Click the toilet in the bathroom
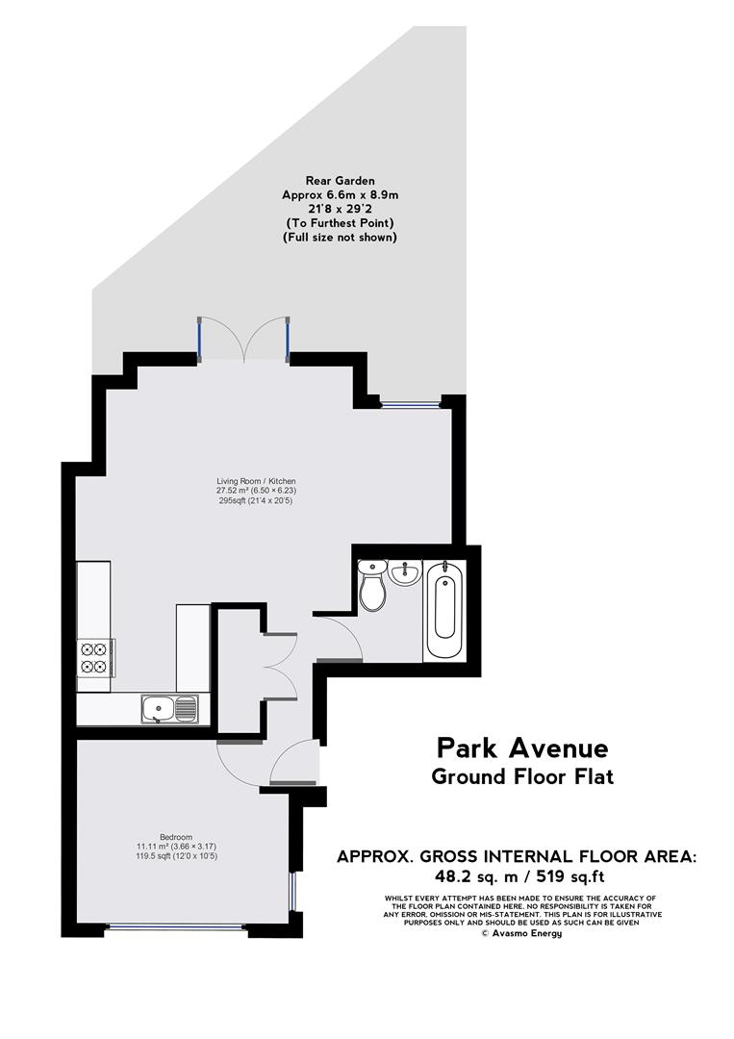click(372, 587)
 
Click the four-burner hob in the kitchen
click(95, 654)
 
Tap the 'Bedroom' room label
click(176, 836)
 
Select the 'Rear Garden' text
click(340, 180)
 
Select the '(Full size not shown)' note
click(340, 237)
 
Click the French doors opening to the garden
click(244, 341)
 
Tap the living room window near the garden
click(410, 402)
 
